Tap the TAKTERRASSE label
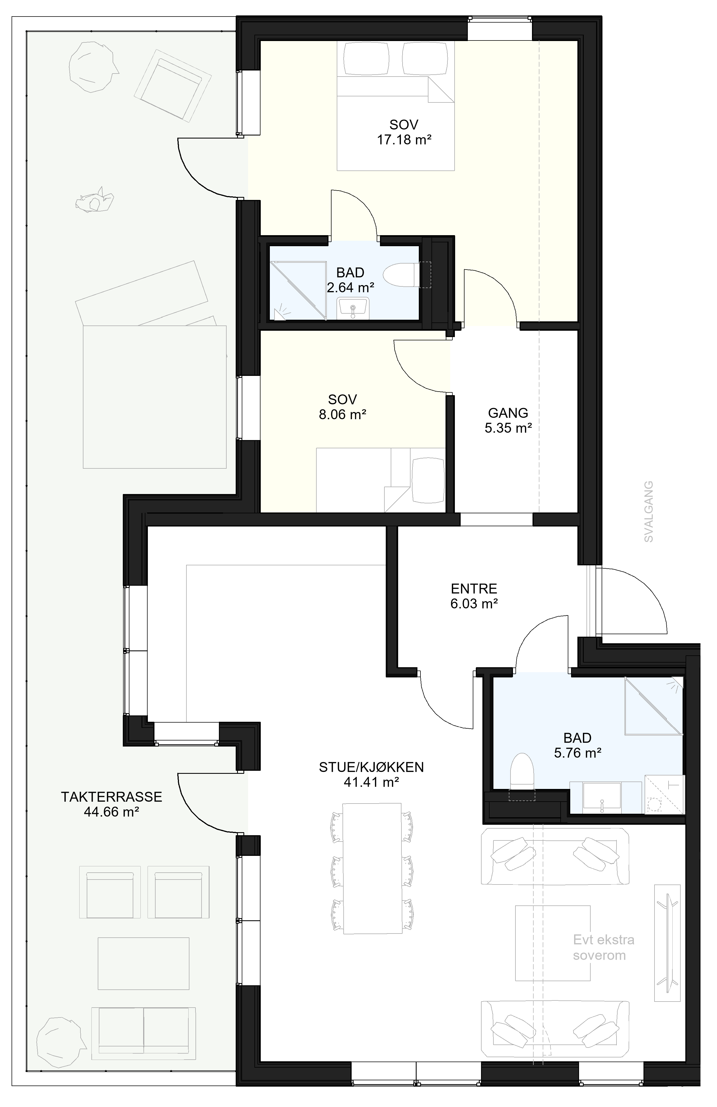[x=112, y=797]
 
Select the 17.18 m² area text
[x=404, y=140]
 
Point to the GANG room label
[x=508, y=413]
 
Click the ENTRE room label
[x=474, y=589]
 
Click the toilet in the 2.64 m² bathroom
[x=403, y=275]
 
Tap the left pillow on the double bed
[x=365, y=59]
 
